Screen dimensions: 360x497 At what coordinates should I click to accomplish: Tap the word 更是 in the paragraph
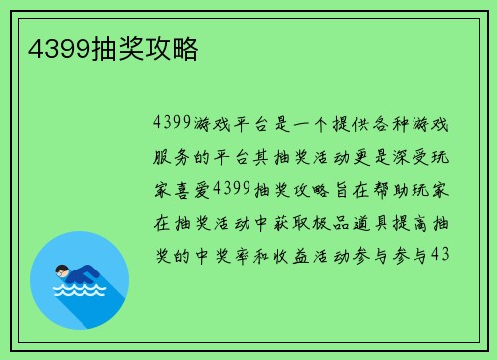(x=351, y=157)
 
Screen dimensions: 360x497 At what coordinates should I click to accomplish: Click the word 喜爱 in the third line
(x=189, y=189)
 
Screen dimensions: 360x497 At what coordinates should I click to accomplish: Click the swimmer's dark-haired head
(x=63, y=269)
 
